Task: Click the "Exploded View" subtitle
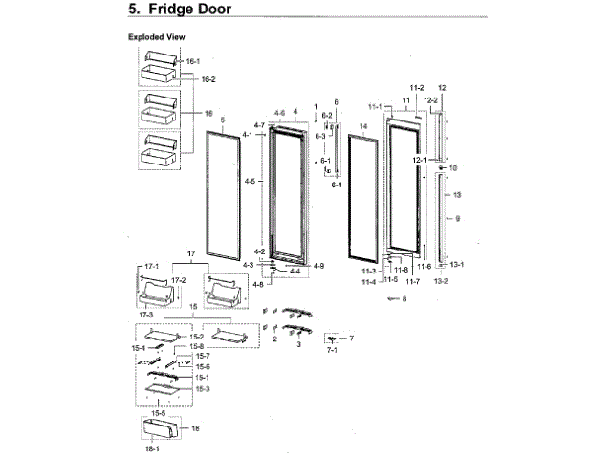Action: click(x=156, y=37)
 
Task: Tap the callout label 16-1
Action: click(x=193, y=61)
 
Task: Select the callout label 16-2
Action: click(x=207, y=79)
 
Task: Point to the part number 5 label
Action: click(x=222, y=120)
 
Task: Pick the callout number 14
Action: click(x=363, y=126)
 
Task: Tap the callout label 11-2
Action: click(x=417, y=87)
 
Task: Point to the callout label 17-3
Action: click(x=147, y=314)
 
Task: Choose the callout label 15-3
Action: click(x=202, y=389)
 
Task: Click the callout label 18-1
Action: click(x=150, y=448)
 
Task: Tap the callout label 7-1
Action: click(x=333, y=353)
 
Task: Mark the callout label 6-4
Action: click(x=337, y=185)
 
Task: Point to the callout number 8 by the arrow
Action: click(x=404, y=299)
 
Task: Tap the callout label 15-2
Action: click(x=197, y=337)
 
